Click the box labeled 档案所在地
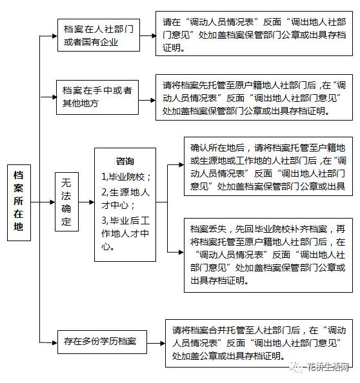[x=19, y=202]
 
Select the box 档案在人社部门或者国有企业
[x=99, y=35]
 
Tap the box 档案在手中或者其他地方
[x=97, y=97]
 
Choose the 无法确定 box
[x=66, y=202]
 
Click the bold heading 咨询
[x=125, y=161]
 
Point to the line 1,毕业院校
[x=126, y=177]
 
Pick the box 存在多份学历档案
[x=102, y=342]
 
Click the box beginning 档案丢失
[x=268, y=255]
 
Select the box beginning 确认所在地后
[x=268, y=166]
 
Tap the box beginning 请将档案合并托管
[x=259, y=343]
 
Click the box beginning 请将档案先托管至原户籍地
[x=254, y=97]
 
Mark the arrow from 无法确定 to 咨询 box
[x=86, y=202]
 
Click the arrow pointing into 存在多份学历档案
[x=48, y=342]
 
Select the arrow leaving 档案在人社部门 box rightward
[x=148, y=36]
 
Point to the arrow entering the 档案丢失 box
[x=175, y=252]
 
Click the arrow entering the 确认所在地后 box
[x=175, y=165]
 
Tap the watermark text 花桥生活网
[x=328, y=367]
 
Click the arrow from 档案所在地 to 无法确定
[x=43, y=202]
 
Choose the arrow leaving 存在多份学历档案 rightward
[x=156, y=343]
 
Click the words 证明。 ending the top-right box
[x=174, y=48]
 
